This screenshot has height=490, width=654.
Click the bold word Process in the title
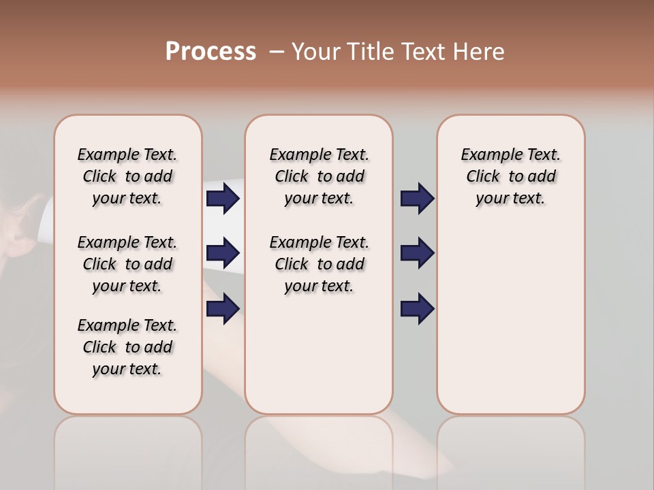[x=211, y=51]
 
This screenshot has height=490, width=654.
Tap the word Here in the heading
[x=480, y=51]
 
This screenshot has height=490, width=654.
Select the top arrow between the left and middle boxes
[x=223, y=199]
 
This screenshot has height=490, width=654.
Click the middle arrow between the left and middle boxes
[x=223, y=253]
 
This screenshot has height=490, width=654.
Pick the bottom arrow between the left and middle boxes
[x=223, y=309]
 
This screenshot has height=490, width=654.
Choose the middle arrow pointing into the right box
[x=417, y=253]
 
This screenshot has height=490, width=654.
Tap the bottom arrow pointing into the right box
[x=417, y=309]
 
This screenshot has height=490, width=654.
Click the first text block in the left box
[x=127, y=176]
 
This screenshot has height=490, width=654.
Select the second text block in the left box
[x=127, y=264]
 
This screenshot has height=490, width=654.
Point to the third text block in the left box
[x=127, y=347]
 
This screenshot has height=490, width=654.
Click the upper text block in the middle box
[x=319, y=176]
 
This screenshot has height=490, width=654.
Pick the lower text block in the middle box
[x=319, y=264]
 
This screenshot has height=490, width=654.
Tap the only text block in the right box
[x=510, y=176]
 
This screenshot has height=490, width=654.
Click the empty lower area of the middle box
[x=319, y=354]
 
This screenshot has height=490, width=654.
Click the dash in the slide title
[x=277, y=51]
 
